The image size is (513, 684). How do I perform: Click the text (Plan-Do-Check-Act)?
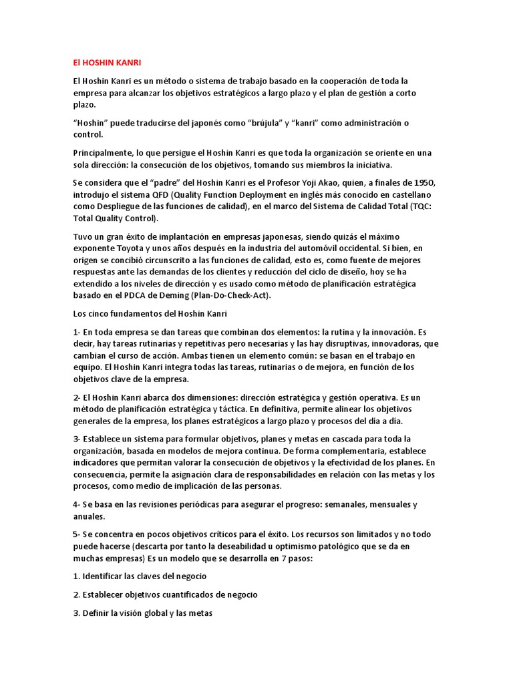pyautogui.click(x=231, y=295)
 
